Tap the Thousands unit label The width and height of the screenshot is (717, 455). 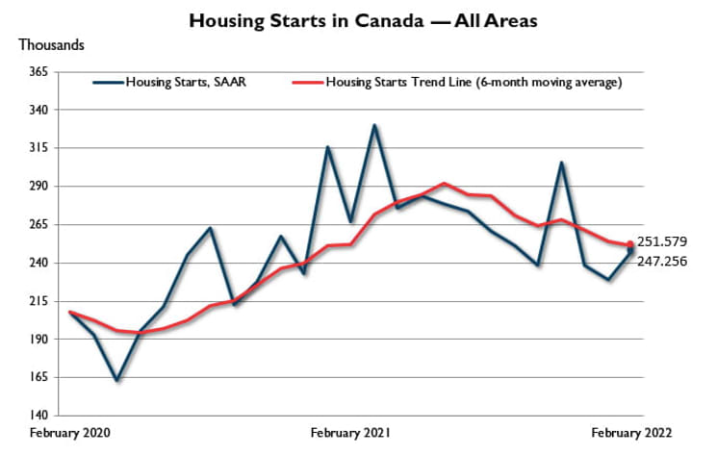[51, 45]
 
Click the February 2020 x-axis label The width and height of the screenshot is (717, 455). [70, 432]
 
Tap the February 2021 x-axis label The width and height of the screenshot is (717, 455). [351, 432]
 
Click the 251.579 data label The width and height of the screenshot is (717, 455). [663, 241]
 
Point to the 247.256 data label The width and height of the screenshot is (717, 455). [663, 261]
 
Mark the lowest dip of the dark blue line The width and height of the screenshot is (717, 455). [116, 380]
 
